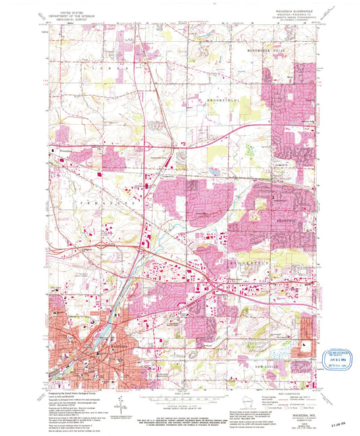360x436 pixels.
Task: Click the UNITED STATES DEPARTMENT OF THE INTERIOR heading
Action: pos(76,14)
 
